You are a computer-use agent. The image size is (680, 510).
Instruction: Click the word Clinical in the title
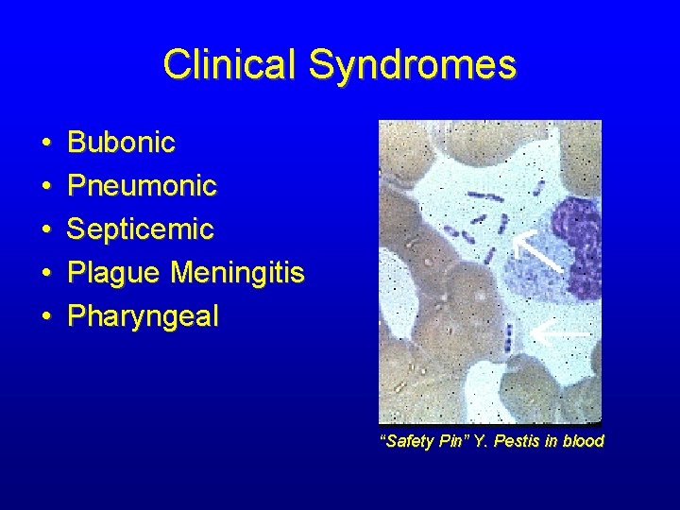tap(230, 65)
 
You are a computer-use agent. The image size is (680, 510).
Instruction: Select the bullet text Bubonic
tap(122, 143)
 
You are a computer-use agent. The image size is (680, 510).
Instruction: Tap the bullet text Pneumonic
tap(143, 186)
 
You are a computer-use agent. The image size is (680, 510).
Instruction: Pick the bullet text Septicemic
tap(141, 229)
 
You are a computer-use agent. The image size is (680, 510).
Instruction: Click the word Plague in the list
tap(115, 273)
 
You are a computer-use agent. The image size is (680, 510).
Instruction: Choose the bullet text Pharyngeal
tap(143, 316)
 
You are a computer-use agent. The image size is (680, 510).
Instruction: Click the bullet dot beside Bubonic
tap(46, 144)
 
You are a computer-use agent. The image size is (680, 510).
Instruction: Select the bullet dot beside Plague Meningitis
tap(46, 274)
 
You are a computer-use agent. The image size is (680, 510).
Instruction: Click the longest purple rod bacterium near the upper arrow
tap(488, 198)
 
